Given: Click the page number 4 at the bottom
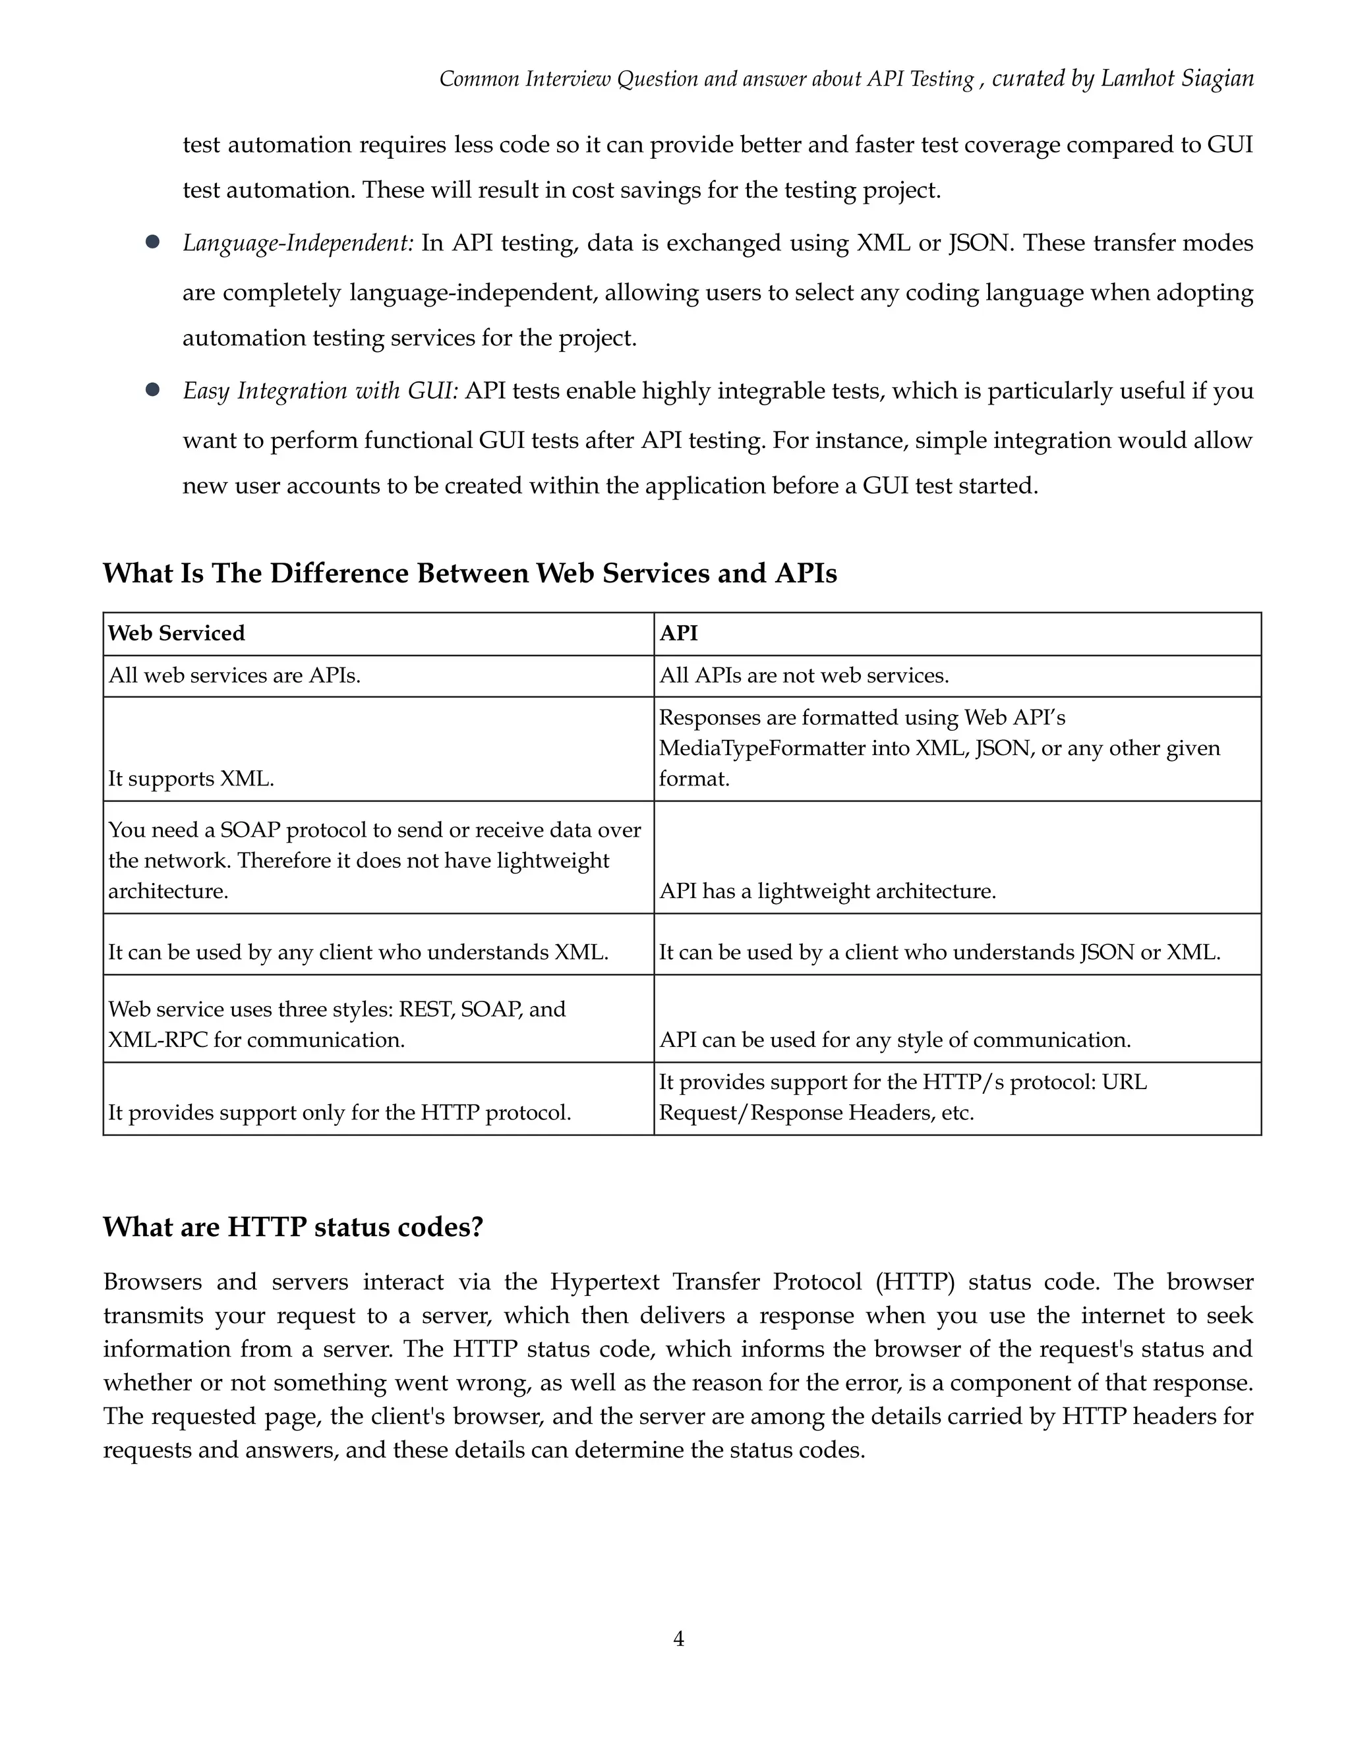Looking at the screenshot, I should tap(678, 1639).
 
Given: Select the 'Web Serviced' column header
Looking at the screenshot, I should tap(176, 633).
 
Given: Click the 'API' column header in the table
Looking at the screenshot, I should tap(678, 633).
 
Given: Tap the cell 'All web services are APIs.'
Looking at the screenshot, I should tap(234, 675).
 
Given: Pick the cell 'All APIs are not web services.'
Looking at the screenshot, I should tap(804, 675).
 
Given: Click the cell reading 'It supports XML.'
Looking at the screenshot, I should tap(191, 779).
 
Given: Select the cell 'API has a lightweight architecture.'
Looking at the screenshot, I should tap(828, 891).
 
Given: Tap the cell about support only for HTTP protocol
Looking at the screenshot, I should tap(340, 1113).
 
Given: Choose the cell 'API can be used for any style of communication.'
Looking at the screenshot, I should tap(895, 1040).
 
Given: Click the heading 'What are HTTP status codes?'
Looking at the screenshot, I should tap(293, 1226).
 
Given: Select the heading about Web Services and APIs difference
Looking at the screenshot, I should tap(469, 573).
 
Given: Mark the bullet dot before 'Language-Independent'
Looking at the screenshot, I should tap(153, 241).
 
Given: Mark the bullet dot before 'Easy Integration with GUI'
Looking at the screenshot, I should tap(153, 389).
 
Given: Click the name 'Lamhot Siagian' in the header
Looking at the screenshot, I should tap(1177, 78).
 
